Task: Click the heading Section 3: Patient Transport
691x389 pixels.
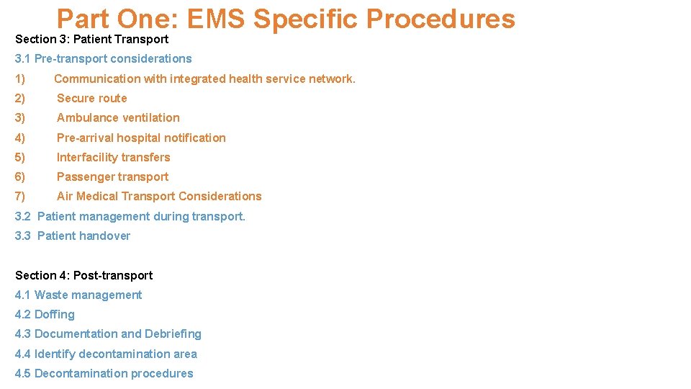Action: click(91, 39)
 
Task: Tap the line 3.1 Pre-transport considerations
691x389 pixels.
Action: click(103, 58)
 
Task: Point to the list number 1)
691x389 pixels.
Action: click(20, 79)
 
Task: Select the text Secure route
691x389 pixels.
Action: click(91, 98)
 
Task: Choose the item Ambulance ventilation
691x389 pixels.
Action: click(118, 117)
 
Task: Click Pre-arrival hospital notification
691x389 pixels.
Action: click(141, 138)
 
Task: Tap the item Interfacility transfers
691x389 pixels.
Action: click(113, 157)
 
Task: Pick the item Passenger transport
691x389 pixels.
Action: click(112, 176)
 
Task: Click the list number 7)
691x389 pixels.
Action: click(20, 196)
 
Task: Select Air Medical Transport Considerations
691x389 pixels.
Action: click(159, 196)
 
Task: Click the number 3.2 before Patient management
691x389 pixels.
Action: click(23, 216)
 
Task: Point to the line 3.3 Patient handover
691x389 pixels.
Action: click(73, 236)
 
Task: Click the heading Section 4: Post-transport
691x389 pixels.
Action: click(83, 275)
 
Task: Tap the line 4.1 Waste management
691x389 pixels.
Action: click(78, 295)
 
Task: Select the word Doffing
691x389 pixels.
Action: click(55, 314)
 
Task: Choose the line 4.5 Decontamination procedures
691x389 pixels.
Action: click(104, 373)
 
